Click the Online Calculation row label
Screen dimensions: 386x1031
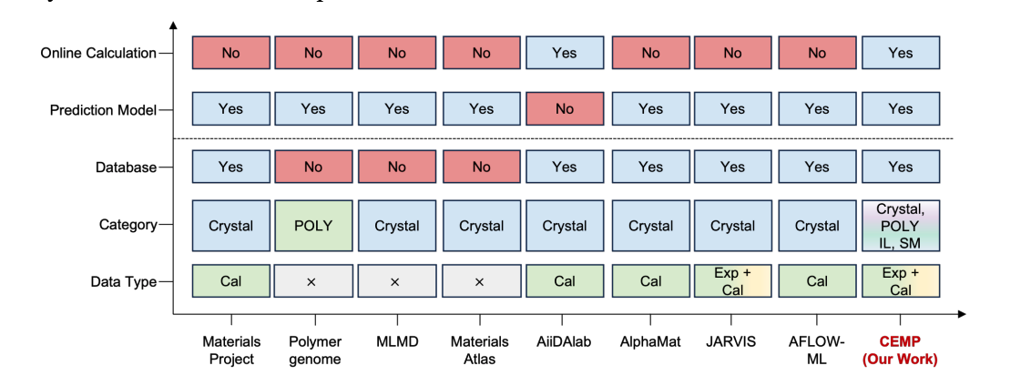(97, 53)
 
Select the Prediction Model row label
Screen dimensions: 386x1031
(103, 110)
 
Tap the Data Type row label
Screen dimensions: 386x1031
(123, 282)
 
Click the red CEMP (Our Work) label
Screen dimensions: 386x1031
(900, 350)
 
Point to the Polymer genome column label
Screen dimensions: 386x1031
(314, 350)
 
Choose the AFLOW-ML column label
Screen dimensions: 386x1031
(816, 350)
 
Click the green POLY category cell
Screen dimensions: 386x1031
(313, 226)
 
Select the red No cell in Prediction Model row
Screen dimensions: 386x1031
(565, 109)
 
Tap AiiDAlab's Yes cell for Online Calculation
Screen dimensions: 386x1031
(565, 53)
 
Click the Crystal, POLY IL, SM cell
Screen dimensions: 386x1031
(900, 226)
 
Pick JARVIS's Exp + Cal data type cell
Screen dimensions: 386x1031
(732, 281)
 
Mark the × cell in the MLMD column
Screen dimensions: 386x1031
(396, 282)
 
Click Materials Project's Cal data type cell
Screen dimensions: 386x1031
(230, 281)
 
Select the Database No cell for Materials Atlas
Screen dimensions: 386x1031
(481, 168)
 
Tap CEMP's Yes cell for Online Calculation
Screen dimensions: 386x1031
(900, 53)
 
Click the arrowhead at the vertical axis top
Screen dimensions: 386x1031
(173, 25)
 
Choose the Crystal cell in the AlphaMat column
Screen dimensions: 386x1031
(650, 226)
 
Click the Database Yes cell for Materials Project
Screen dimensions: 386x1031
(230, 168)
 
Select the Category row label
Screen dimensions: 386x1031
(128, 225)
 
